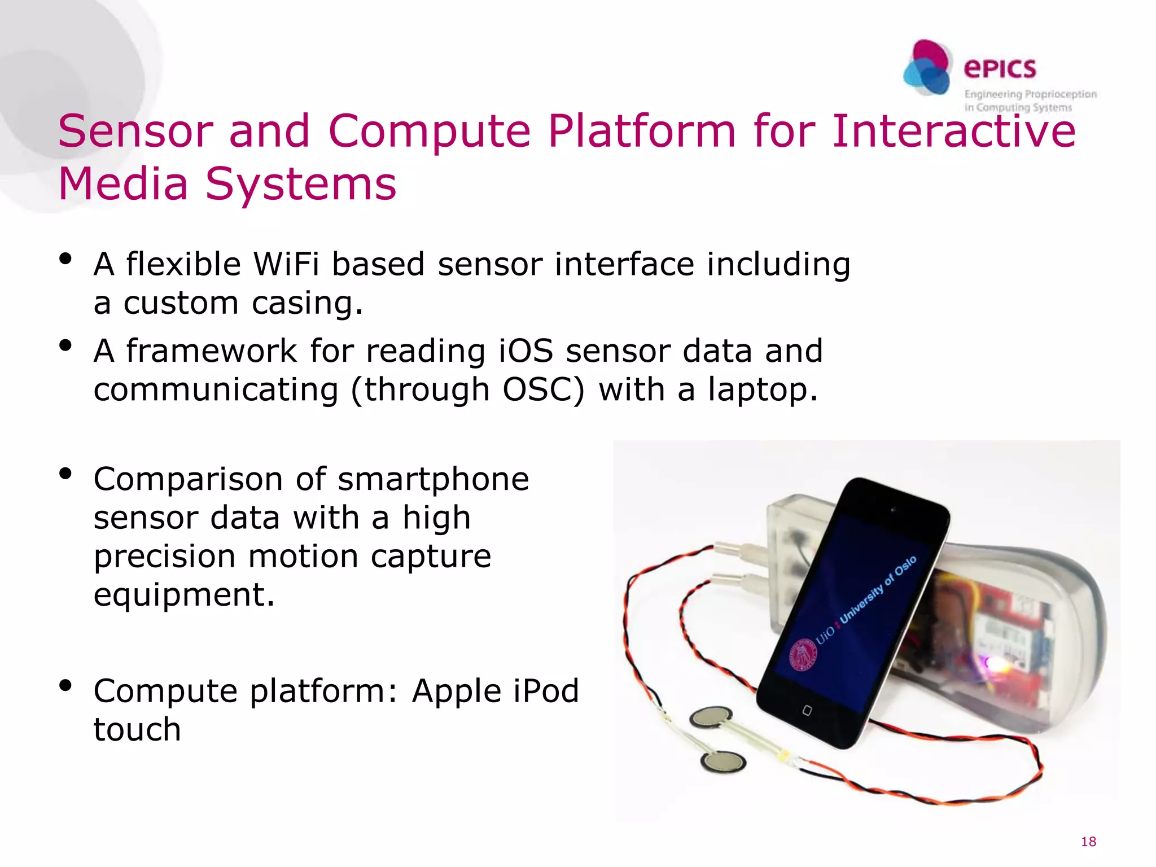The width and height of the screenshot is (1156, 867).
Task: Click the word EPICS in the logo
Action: tap(1000, 69)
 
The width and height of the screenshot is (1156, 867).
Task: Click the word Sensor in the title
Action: tap(135, 131)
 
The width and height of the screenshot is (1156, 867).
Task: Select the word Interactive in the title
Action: tap(953, 131)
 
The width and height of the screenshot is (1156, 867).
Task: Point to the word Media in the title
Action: tap(123, 184)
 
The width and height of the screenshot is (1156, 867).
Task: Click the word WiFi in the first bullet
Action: tap(286, 264)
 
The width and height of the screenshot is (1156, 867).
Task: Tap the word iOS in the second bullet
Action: tap(526, 351)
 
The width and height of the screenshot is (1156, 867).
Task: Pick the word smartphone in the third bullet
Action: tap(433, 479)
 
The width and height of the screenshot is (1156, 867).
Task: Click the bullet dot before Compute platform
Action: tap(65, 685)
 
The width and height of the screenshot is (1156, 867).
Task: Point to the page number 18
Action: tap(1088, 842)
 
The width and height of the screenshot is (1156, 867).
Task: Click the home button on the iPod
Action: tap(807, 710)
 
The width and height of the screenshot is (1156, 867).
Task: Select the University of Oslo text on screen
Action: tap(878, 590)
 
